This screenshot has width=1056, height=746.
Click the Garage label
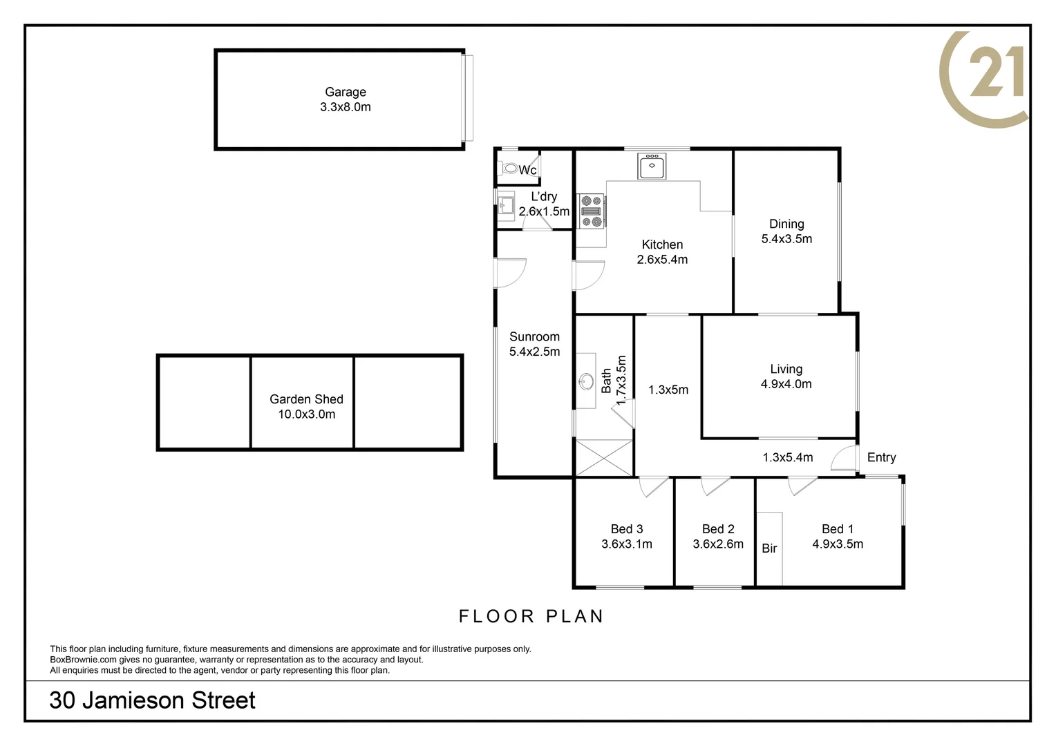coord(345,92)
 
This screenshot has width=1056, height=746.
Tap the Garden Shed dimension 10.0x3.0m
coord(306,414)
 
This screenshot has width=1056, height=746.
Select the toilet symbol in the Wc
coord(510,168)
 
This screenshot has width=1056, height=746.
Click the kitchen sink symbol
coord(651,166)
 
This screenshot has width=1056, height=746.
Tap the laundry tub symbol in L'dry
coord(506,205)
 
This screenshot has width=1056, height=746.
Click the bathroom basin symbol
coord(586,381)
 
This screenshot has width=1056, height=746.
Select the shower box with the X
coord(604,457)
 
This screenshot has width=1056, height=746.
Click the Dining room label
coord(786,224)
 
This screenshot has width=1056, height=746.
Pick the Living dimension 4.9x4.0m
coord(786,384)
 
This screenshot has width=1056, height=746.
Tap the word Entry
coord(881,457)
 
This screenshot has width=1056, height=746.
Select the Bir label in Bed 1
coord(769,548)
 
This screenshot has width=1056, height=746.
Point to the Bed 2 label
coord(717,529)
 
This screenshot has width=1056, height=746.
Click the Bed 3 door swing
coord(652,486)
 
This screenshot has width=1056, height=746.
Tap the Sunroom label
coord(534,337)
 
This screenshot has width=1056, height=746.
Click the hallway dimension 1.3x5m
coord(668,390)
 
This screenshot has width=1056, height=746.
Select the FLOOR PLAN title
coord(531,616)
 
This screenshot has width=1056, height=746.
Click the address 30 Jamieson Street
coord(152,700)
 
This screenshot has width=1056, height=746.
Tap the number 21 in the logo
coord(996,75)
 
